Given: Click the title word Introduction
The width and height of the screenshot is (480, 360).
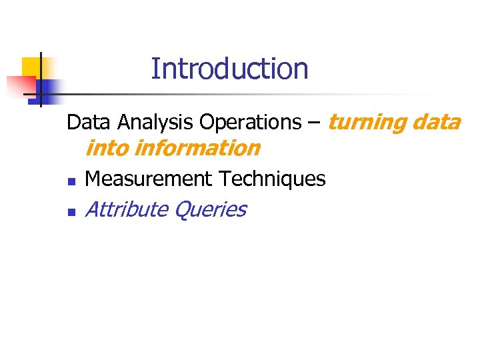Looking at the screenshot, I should [229, 69].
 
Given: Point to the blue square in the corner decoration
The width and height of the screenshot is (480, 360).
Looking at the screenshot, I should [48, 87].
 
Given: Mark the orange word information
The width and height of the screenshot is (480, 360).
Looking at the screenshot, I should [197, 148].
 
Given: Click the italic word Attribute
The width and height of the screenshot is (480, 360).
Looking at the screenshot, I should [127, 209].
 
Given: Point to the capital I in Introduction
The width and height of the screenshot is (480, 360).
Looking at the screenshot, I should [155, 69].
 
